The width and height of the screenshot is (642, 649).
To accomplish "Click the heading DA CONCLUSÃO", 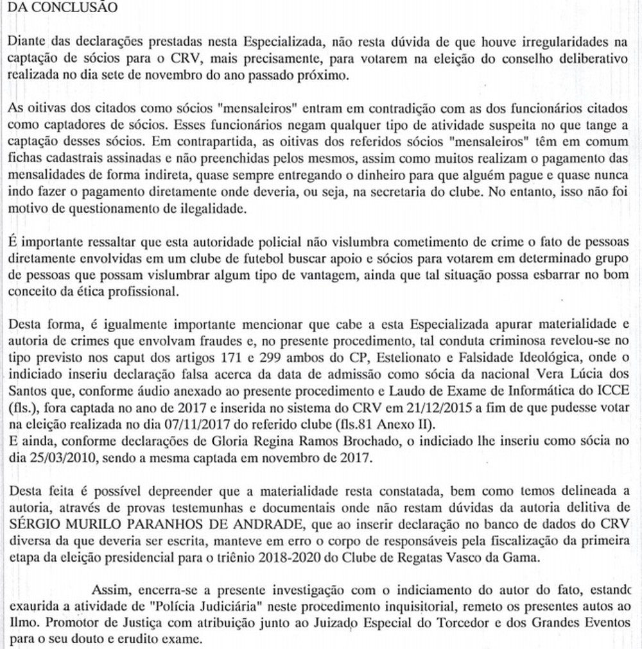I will click(x=63, y=8).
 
